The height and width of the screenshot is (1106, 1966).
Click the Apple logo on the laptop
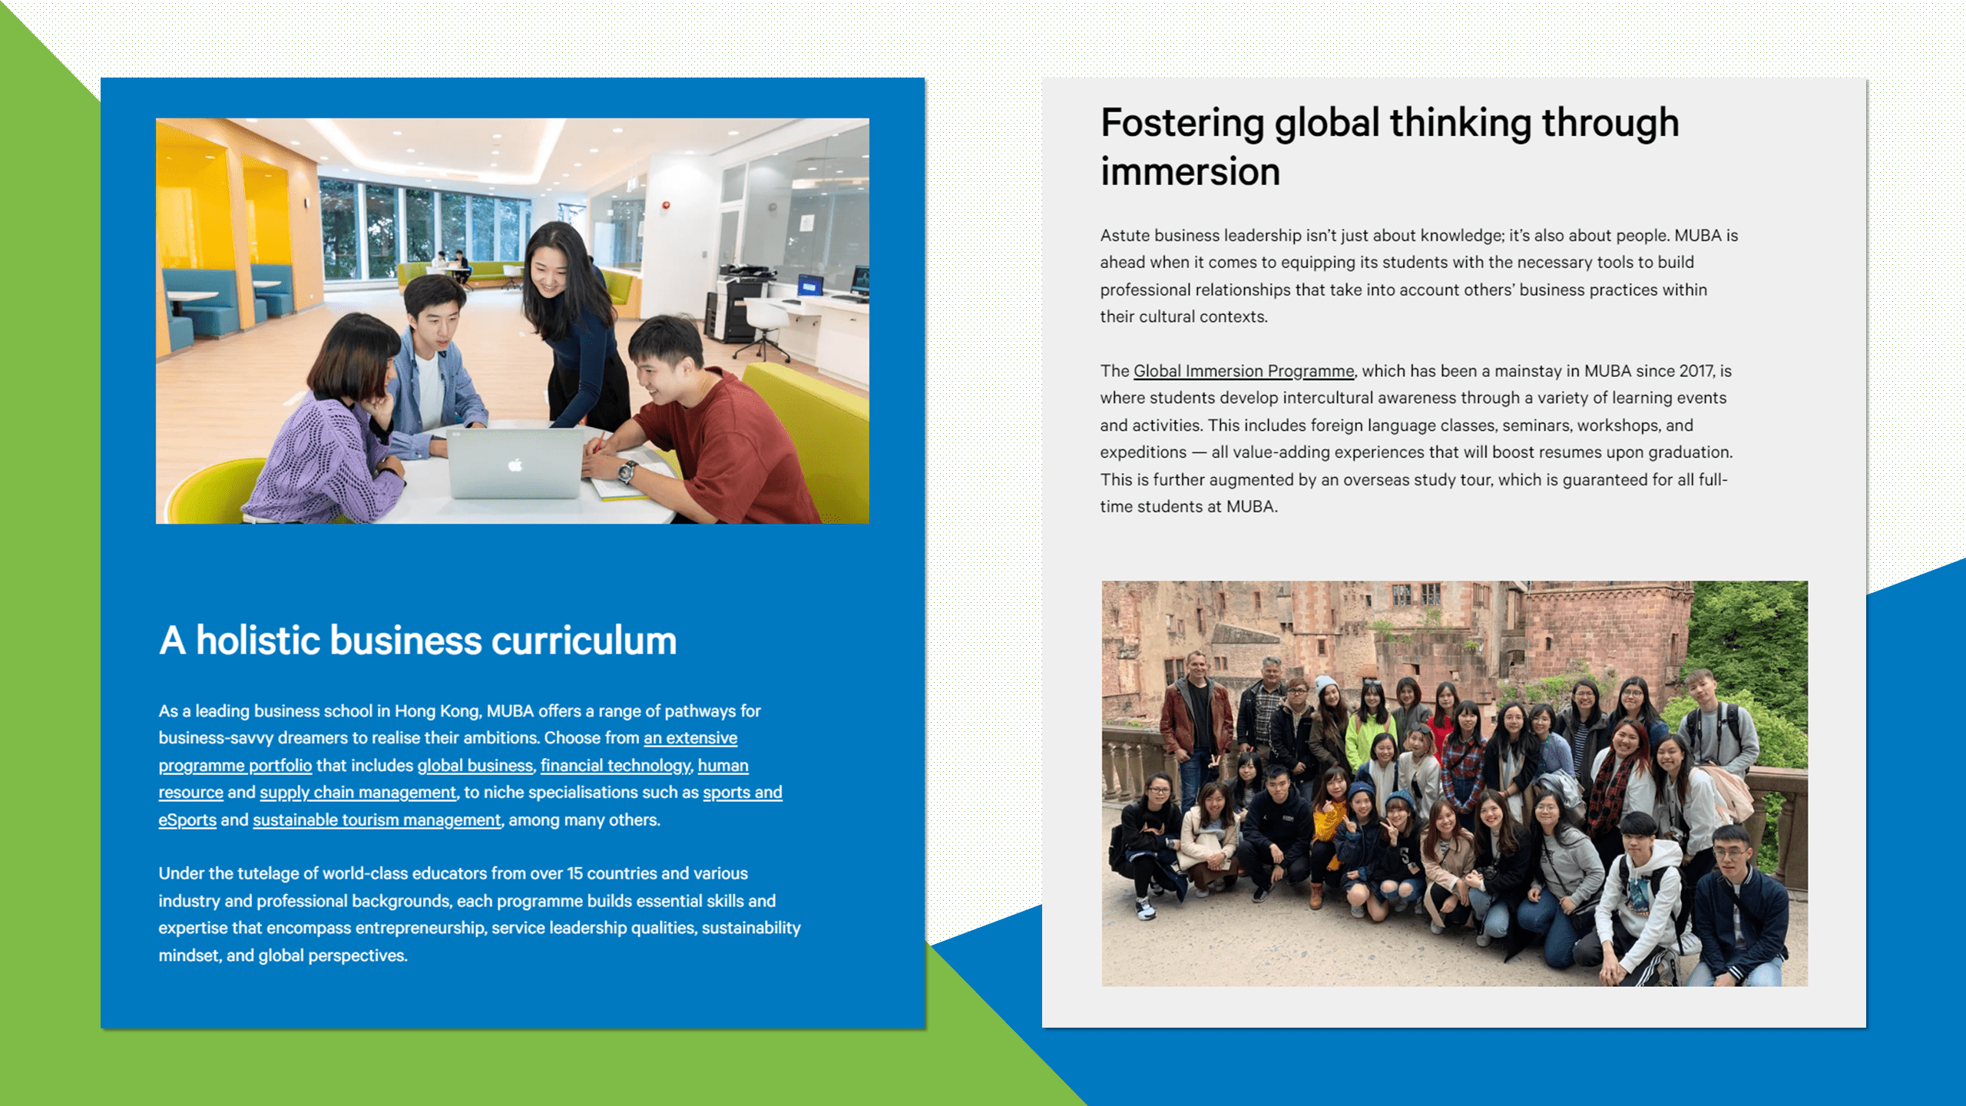pos(515,465)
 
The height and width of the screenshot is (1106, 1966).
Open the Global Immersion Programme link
pos(1244,371)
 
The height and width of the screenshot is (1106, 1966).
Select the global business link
pos(475,766)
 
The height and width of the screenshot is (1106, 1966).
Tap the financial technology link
pos(615,766)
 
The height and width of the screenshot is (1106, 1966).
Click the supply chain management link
pos(358,793)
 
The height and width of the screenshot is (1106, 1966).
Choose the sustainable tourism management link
pos(377,820)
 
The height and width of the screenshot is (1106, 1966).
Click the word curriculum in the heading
pos(584,641)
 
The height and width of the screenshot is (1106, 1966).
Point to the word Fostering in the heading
pos(1182,124)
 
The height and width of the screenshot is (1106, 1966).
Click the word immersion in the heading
pos(1190,171)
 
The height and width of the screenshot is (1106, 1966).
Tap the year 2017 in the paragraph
pos(1696,371)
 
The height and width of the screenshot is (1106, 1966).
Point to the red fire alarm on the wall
pos(666,205)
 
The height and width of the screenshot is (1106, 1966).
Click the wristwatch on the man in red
pos(627,470)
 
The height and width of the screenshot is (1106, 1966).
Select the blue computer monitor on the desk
pos(810,286)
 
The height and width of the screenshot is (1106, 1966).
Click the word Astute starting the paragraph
pos(1125,236)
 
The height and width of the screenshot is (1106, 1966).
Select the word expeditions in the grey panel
pos(1144,453)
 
